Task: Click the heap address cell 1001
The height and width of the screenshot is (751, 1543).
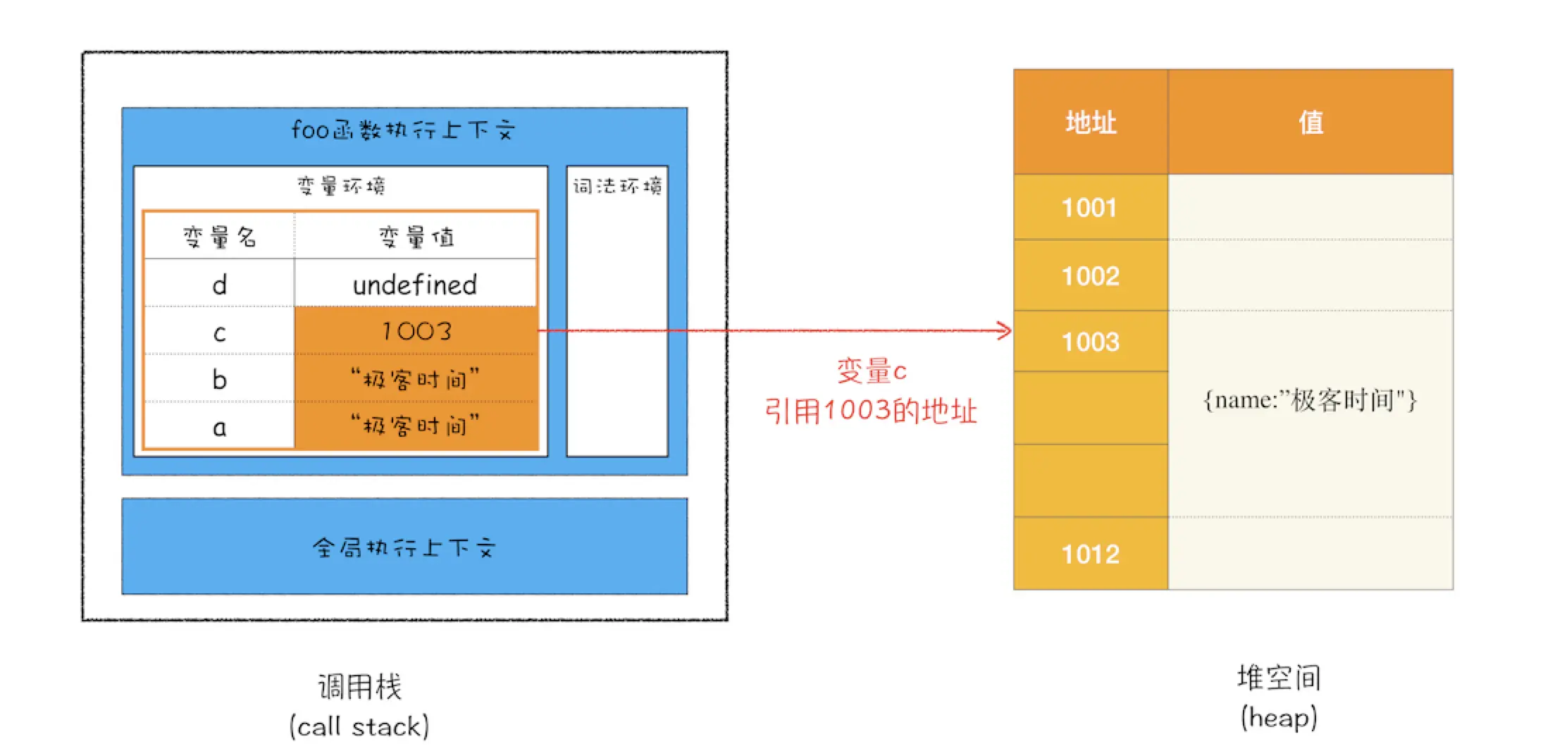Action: pos(1089,208)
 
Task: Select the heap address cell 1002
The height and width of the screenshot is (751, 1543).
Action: pos(1090,276)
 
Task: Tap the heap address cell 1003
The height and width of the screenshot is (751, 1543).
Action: pos(1090,342)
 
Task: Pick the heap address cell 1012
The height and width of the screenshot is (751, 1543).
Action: pos(1090,554)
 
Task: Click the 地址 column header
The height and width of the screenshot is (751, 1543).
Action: pos(1091,123)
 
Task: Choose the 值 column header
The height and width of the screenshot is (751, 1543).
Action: pos(1310,123)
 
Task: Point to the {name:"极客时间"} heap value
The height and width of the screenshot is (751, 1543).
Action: pos(1310,401)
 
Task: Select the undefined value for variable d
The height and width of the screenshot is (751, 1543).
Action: pos(415,285)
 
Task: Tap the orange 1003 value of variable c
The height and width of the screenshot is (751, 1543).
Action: pos(416,331)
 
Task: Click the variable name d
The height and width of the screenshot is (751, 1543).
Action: pos(219,285)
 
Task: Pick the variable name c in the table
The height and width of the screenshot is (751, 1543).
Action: pos(219,333)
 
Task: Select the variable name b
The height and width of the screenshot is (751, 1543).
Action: pos(219,380)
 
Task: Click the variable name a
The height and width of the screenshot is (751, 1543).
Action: pos(219,427)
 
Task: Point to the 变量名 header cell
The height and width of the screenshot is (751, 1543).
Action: pos(219,237)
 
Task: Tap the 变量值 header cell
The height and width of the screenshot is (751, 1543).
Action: pos(416,237)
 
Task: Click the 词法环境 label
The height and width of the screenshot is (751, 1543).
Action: pos(617,186)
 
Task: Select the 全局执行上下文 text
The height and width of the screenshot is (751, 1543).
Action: pos(404,547)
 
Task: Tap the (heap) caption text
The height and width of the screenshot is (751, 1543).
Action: pos(1278,718)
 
